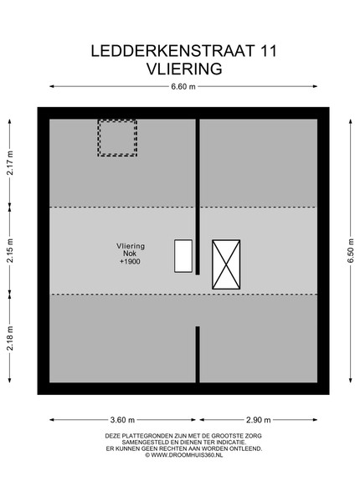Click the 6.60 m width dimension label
pyautogui.click(x=183, y=86)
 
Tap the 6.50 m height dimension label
pyautogui.click(x=351, y=251)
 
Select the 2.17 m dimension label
pyautogui.click(x=10, y=162)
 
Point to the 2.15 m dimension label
pyautogui.click(x=10, y=251)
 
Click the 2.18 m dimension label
pyautogui.click(x=10, y=338)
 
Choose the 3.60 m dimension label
pyautogui.click(x=123, y=420)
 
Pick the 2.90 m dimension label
pyautogui.click(x=259, y=420)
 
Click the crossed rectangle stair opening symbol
pyautogui.click(x=226, y=264)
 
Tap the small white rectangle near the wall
pyautogui.click(x=183, y=256)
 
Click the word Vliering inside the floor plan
pyautogui.click(x=131, y=246)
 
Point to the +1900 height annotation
pyautogui.click(x=130, y=262)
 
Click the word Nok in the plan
pyautogui.click(x=130, y=254)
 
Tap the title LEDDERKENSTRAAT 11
pyautogui.click(x=184, y=51)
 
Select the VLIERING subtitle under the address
pyautogui.click(x=184, y=69)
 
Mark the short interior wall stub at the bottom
pyautogui.click(x=198, y=355)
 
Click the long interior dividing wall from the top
pyautogui.click(x=198, y=197)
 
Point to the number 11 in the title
pyautogui.click(x=269, y=51)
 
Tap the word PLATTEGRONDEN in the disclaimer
pyautogui.click(x=146, y=436)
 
